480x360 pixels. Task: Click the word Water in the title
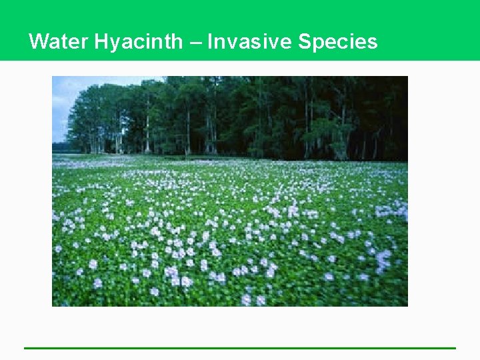59,42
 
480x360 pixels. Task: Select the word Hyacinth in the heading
138,42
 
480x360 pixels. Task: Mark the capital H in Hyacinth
101,42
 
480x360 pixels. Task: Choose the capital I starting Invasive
210,42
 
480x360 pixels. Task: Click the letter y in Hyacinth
113,44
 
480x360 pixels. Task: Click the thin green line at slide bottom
240,347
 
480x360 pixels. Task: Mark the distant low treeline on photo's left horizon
59,147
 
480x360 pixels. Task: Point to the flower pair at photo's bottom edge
253,300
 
